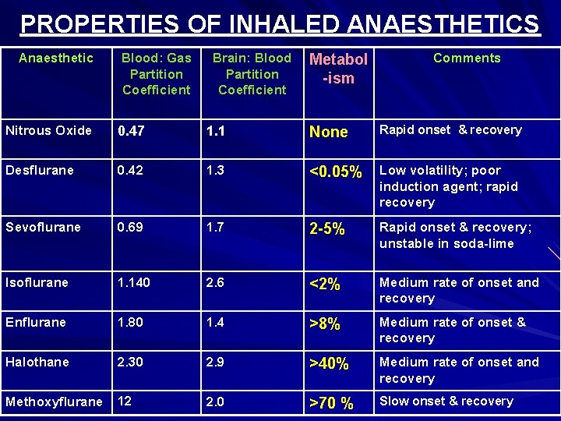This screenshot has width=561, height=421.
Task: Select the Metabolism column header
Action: pyautogui.click(x=338, y=68)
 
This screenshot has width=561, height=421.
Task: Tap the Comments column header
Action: pyautogui.click(x=467, y=58)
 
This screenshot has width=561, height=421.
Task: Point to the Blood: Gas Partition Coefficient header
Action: pyautogui.click(x=156, y=73)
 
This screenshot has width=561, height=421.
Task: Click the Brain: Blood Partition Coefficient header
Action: pyautogui.click(x=252, y=73)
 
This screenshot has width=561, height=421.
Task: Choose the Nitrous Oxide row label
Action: pyautogui.click(x=48, y=130)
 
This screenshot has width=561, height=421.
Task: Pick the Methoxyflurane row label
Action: pyautogui.click(x=54, y=402)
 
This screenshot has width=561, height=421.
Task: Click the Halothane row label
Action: pyautogui.click(x=37, y=362)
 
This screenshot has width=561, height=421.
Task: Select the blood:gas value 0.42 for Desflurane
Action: pyautogui.click(x=131, y=170)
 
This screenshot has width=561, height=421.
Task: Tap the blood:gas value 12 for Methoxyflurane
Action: pyautogui.click(x=125, y=402)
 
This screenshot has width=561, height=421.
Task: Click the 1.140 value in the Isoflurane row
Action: pyautogui.click(x=134, y=282)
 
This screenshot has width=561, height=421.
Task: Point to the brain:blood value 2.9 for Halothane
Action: pyautogui.click(x=215, y=362)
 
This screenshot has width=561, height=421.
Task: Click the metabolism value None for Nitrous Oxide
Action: pyautogui.click(x=329, y=132)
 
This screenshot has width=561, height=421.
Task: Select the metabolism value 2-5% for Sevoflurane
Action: pyautogui.click(x=327, y=228)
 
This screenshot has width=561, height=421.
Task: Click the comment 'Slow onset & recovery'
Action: pyautogui.click(x=446, y=401)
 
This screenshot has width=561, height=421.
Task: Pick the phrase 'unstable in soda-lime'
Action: pyautogui.click(x=446, y=243)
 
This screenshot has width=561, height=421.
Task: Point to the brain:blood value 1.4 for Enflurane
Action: pyautogui.click(x=215, y=322)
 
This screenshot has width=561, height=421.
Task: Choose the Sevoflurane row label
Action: pyautogui.click(x=43, y=227)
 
